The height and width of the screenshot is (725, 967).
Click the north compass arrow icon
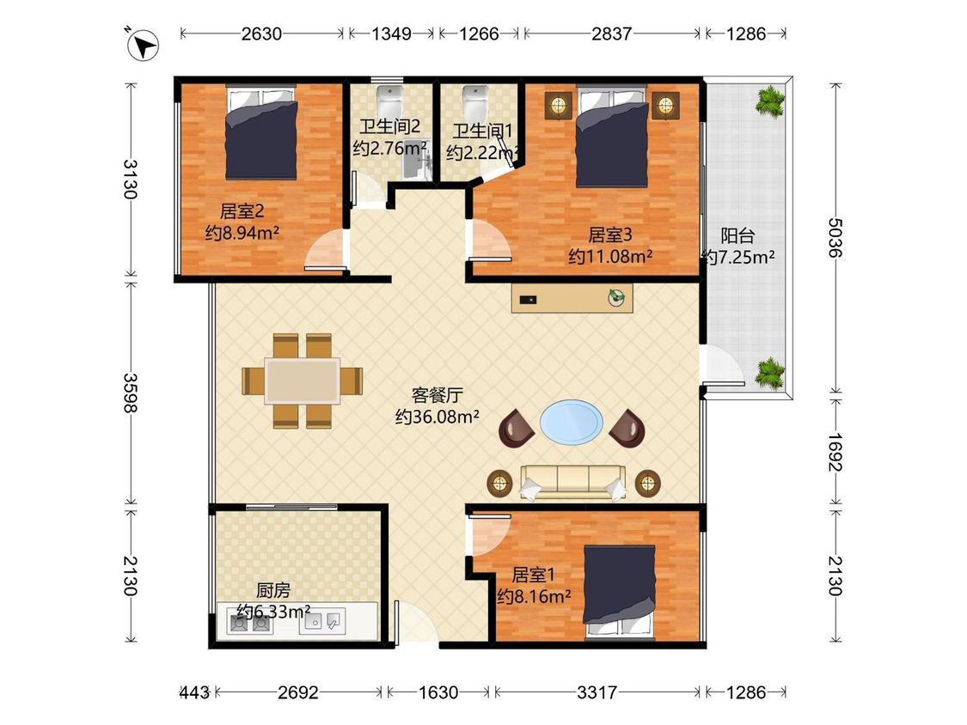[143, 45]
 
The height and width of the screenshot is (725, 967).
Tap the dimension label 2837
[611, 34]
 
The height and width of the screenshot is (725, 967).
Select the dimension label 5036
[835, 237]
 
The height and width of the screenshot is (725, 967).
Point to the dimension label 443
[194, 692]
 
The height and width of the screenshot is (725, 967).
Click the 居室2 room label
[242, 211]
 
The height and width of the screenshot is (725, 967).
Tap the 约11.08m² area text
[610, 257]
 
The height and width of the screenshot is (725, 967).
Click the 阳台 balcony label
[737, 235]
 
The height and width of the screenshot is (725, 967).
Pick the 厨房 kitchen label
[273, 590]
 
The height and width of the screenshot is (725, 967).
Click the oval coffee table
[572, 422]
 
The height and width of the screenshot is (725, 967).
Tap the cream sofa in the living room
[573, 482]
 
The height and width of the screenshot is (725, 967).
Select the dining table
[303, 381]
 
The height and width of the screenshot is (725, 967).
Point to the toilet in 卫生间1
[474, 101]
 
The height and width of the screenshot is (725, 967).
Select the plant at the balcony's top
[770, 100]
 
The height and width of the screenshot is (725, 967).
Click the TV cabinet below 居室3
[572, 298]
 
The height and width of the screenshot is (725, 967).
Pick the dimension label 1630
[438, 692]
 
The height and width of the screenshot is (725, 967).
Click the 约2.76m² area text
[390, 148]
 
